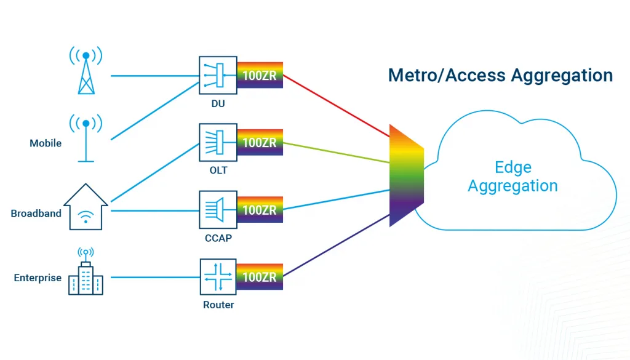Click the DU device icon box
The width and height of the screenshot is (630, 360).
point(218,75)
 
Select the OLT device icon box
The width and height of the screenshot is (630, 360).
point(218,142)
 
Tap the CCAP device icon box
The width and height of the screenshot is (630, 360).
point(218,210)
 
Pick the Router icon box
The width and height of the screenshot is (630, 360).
point(218,277)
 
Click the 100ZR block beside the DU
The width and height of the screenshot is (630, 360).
point(260,75)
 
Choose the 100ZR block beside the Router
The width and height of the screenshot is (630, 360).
point(260,277)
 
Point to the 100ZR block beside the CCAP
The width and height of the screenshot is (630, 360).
point(260,210)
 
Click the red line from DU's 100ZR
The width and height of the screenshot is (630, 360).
point(337,106)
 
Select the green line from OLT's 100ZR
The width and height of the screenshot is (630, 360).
point(337,153)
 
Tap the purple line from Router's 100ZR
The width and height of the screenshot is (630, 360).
point(337,246)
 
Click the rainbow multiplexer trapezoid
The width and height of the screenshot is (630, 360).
point(406,175)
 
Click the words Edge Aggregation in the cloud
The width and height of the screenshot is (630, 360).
point(512,177)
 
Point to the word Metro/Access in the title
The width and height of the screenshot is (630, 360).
point(446,75)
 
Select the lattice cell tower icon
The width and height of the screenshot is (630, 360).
point(86,70)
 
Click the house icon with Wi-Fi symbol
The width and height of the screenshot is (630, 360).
point(86,207)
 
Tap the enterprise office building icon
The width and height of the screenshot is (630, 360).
point(86,271)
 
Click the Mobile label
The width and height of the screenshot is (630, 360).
point(46,143)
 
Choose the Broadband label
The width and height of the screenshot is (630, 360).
point(36,214)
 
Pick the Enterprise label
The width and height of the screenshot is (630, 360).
point(38,278)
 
